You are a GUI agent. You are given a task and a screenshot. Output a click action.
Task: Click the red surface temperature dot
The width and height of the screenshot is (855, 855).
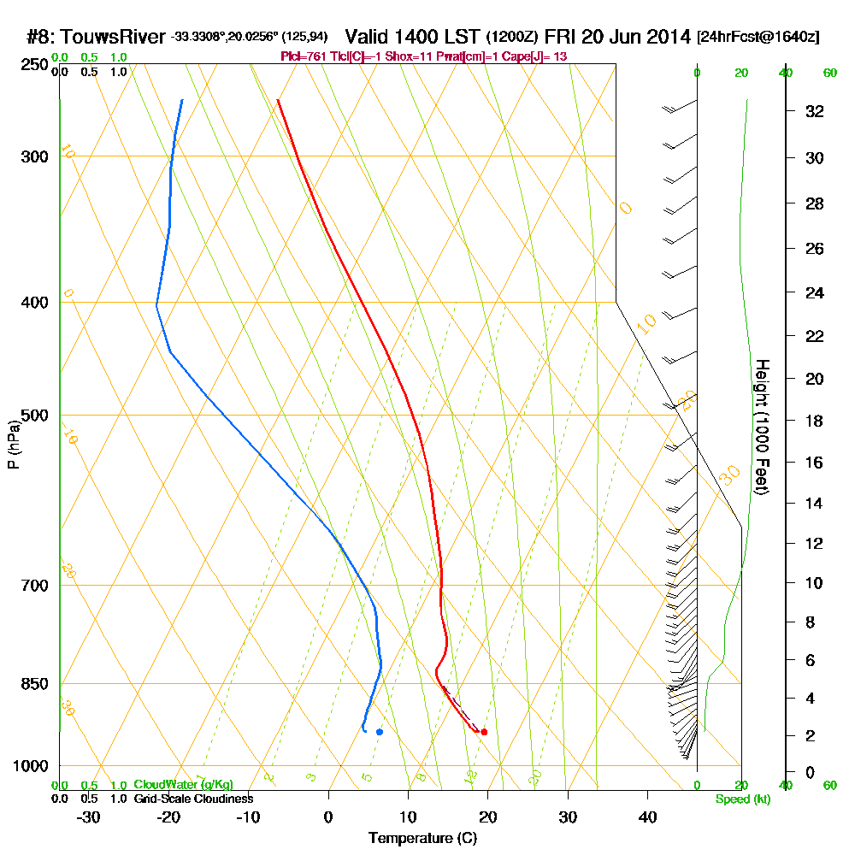click(484, 732)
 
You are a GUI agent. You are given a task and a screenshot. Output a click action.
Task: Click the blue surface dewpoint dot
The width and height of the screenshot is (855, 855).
click(380, 732)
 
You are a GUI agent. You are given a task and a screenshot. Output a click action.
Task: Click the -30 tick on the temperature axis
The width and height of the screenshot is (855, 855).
click(88, 817)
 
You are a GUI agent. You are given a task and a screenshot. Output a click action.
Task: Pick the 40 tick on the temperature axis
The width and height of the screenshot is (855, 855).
click(647, 817)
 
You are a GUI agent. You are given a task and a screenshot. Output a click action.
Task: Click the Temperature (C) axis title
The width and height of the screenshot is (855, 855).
click(422, 839)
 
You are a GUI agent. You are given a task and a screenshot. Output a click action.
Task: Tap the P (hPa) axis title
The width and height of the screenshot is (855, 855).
click(13, 445)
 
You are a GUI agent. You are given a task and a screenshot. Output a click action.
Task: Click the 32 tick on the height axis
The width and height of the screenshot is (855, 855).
click(815, 111)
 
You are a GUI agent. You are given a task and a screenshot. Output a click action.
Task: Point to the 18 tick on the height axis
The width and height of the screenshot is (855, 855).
click(815, 421)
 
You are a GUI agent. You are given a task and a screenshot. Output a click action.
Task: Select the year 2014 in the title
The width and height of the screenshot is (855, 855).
click(666, 37)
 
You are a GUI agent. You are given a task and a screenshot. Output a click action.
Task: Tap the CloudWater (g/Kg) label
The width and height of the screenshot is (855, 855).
click(183, 785)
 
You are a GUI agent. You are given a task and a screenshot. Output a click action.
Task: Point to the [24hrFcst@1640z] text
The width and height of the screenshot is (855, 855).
click(758, 37)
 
